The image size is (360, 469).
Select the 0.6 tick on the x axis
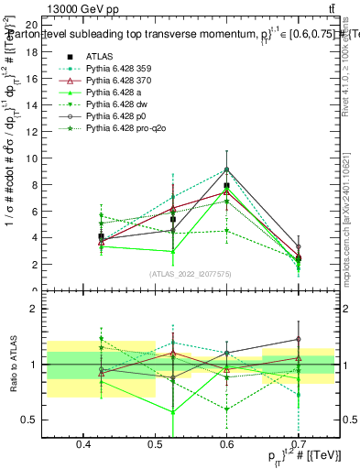pyautogui.click(x=226, y=443)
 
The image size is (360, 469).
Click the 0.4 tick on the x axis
pyautogui.click(x=83, y=443)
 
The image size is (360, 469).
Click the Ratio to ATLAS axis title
pyautogui.click(x=11, y=363)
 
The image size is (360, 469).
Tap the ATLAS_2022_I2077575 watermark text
pyautogui.click(x=190, y=274)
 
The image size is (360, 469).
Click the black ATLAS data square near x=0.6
pyautogui.click(x=226, y=186)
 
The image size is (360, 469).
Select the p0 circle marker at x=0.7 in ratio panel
pyautogui.click(x=298, y=339)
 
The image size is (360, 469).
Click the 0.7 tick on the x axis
pyautogui.click(x=298, y=443)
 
